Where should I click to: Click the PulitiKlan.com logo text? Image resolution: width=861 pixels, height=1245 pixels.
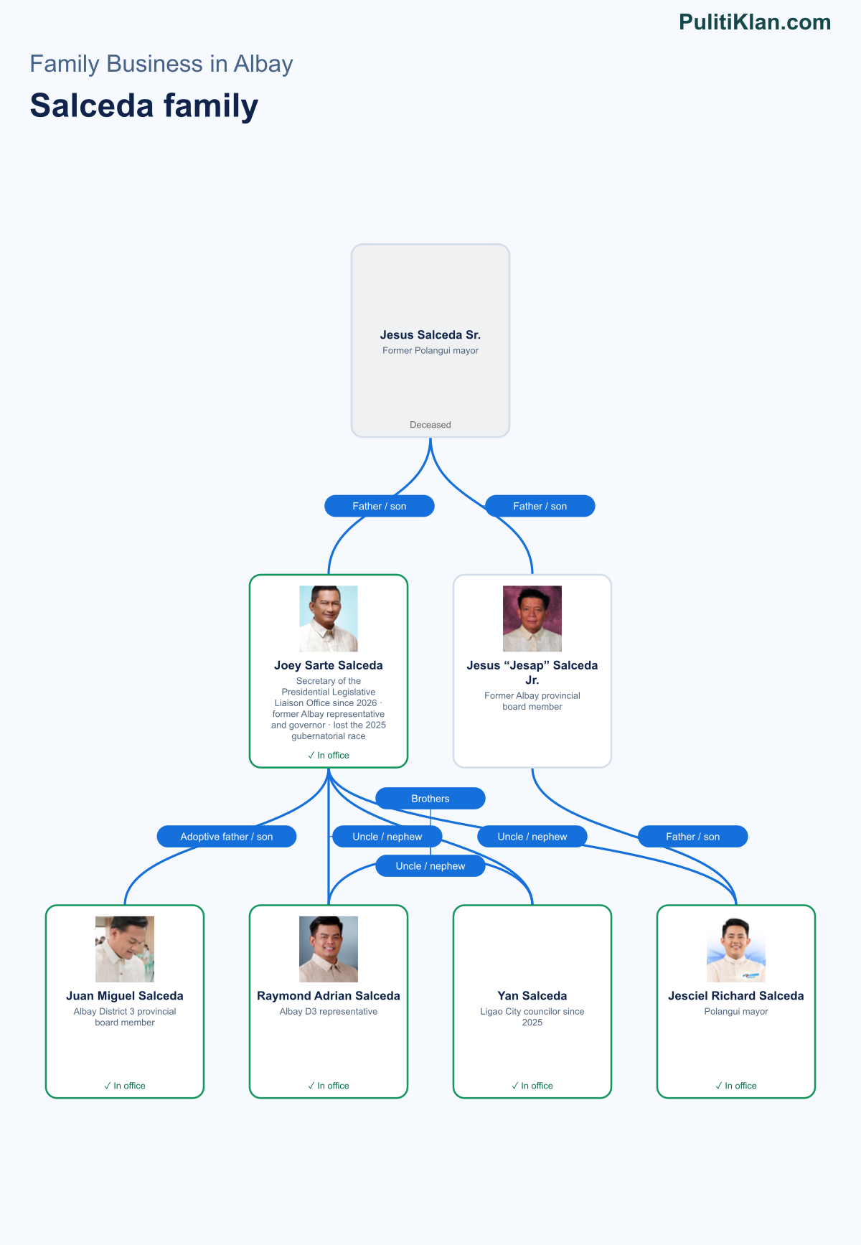pyautogui.click(x=755, y=22)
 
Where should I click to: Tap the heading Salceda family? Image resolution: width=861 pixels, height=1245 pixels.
pyautogui.click(x=144, y=106)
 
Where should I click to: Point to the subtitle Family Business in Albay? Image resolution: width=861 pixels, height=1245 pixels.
pyautogui.click(x=161, y=64)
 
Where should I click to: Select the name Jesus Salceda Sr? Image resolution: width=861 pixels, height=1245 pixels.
pyautogui.click(x=430, y=335)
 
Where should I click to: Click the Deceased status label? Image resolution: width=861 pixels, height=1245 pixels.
pyautogui.click(x=430, y=425)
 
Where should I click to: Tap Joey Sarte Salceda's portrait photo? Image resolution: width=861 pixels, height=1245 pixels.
pyautogui.click(x=329, y=619)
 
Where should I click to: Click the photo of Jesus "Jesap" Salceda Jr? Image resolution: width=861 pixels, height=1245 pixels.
pyautogui.click(x=532, y=619)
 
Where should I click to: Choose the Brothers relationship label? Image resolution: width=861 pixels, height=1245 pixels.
pyautogui.click(x=430, y=799)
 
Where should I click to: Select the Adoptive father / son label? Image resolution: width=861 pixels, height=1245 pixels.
pyautogui.click(x=227, y=837)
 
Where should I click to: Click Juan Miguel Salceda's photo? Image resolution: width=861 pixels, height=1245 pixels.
pyautogui.click(x=125, y=949)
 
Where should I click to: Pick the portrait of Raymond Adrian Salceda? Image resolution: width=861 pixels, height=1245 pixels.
pyautogui.click(x=329, y=949)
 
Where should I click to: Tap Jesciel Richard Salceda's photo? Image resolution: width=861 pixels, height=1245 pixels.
pyautogui.click(x=736, y=949)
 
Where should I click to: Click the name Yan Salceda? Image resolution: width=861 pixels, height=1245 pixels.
pyautogui.click(x=532, y=996)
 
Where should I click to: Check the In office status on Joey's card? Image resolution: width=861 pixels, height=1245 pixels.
pyautogui.click(x=329, y=756)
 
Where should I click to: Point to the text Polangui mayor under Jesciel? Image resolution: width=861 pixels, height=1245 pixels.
pyautogui.click(x=736, y=1012)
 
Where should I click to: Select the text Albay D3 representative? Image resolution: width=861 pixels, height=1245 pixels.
pyautogui.click(x=329, y=1012)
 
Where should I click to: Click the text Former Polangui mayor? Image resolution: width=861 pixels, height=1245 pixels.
pyautogui.click(x=430, y=351)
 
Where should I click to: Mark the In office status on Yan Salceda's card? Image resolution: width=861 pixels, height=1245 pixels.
pyautogui.click(x=532, y=1086)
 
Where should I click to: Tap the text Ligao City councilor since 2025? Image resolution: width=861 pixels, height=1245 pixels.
pyautogui.click(x=532, y=1017)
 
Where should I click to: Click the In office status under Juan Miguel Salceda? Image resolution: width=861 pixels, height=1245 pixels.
pyautogui.click(x=125, y=1086)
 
